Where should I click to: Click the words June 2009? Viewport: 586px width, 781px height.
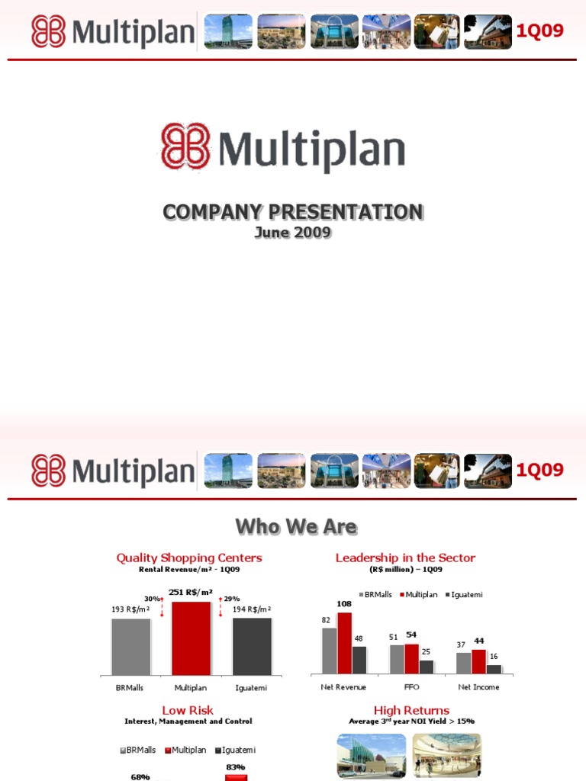coord(293,232)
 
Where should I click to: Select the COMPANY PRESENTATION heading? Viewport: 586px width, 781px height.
coord(293,212)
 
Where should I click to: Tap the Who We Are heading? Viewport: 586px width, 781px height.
coord(296,526)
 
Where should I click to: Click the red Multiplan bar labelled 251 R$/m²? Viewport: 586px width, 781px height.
coord(192,638)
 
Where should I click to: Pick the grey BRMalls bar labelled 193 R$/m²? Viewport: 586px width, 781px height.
coord(131,646)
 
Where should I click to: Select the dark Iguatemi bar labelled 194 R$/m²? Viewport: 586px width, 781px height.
coord(252,646)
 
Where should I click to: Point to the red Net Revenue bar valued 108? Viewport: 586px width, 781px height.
coord(344,643)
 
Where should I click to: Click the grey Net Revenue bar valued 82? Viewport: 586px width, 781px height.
coord(329,651)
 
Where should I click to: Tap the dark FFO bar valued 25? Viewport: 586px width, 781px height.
coord(427,667)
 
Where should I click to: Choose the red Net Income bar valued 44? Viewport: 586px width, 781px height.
coord(478,661)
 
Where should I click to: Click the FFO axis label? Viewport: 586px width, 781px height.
coord(411,687)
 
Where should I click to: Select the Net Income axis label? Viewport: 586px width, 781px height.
coord(478,687)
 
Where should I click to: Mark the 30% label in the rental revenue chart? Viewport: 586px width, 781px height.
coord(152,599)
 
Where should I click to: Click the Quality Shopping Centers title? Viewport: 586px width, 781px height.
coord(189,558)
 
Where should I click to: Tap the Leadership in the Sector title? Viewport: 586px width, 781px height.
coord(405,558)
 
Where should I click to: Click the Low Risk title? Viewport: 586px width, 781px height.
coord(188,710)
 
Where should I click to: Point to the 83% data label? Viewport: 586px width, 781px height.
coord(235,767)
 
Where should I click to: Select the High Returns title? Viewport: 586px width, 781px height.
coord(411,710)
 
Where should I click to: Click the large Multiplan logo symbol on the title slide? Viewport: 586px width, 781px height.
coord(185,146)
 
